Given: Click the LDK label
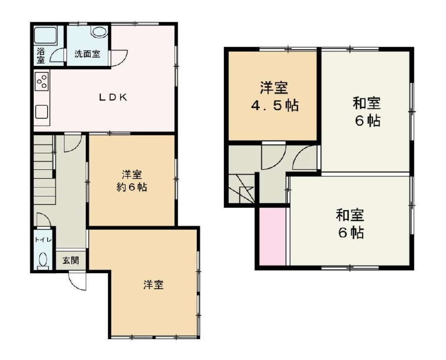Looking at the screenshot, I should pos(113,97).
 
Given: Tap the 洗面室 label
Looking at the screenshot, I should pos(87,54).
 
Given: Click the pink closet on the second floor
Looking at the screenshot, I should pos(272,237).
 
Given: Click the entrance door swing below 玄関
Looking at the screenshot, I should pos(77,280).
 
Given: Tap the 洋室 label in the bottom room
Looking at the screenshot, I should pos(153,285).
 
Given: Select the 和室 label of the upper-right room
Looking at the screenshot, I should pos(366,103).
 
